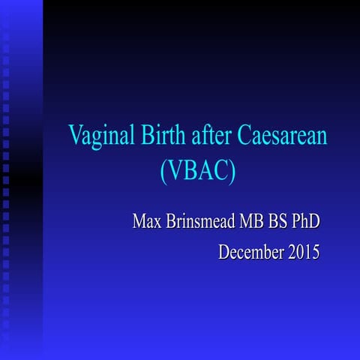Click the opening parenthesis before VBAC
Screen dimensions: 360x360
point(165,172)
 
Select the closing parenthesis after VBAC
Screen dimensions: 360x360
point(232,172)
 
